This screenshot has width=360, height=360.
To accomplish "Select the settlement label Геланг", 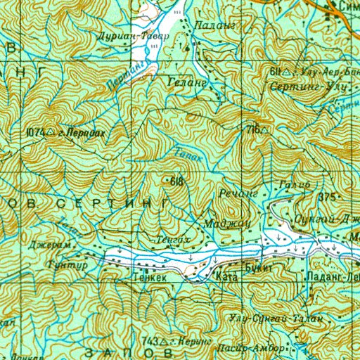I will (187, 82).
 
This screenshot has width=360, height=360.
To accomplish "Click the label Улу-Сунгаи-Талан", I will (276, 319).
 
